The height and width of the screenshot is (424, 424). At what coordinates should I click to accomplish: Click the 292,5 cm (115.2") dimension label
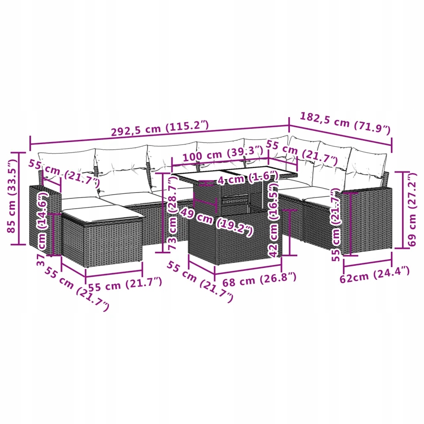point(160,128)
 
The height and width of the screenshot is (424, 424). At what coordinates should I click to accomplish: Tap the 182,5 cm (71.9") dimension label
point(345,123)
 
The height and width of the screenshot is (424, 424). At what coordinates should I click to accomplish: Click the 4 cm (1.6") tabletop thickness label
point(248,178)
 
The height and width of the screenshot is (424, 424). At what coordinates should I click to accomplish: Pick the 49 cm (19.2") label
point(216,221)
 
